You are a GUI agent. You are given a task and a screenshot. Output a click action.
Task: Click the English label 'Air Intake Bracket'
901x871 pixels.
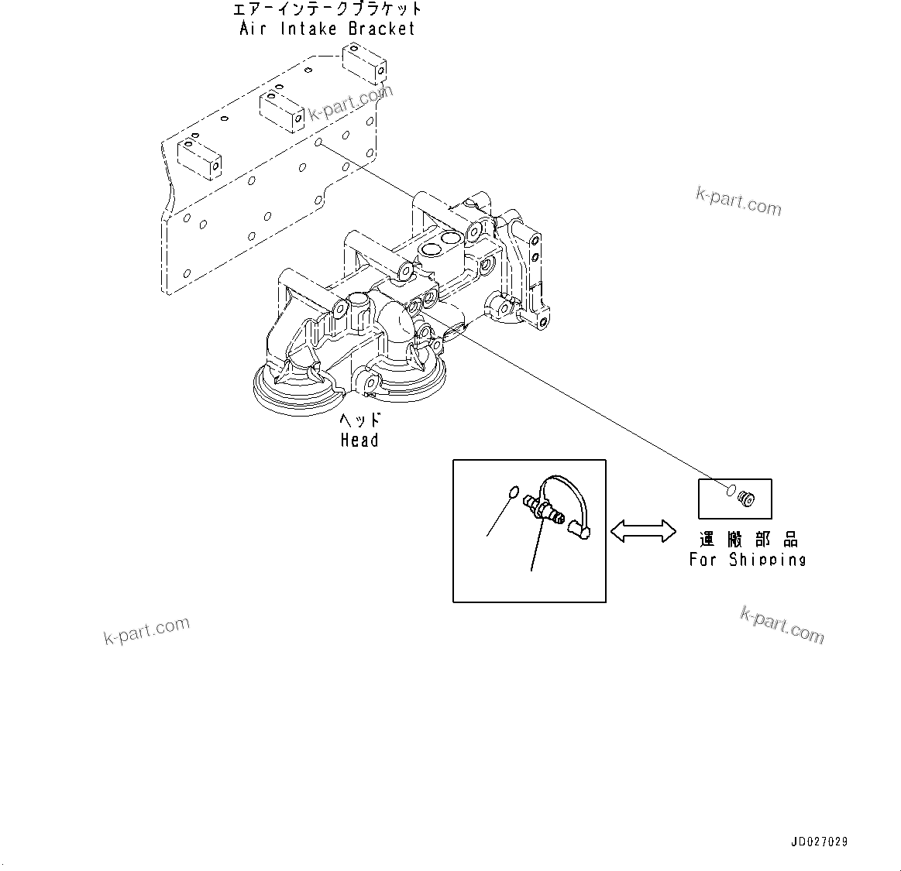tap(327, 29)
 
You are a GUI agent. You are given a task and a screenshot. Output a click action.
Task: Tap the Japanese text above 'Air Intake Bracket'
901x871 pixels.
tap(328, 9)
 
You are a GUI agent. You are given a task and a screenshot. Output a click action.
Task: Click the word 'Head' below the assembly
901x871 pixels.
tap(359, 441)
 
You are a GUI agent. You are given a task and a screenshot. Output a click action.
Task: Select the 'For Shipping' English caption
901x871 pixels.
tap(748, 559)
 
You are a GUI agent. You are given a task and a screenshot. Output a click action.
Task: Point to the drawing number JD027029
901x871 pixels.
tap(819, 841)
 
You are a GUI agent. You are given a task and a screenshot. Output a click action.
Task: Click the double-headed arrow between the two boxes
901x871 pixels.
tap(642, 530)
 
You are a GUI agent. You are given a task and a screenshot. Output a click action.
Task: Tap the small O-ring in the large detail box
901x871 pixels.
tap(509, 493)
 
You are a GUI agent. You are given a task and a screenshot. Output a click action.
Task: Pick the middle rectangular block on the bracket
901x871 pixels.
tap(280, 111)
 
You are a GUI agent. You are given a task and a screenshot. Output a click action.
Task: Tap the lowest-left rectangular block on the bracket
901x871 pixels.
tap(200, 157)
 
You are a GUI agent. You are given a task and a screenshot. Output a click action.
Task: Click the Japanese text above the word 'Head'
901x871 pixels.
tap(360, 420)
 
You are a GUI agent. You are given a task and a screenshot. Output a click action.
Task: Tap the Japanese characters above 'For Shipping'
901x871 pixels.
tap(748, 540)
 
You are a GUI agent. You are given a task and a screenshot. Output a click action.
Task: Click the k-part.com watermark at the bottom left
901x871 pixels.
tap(146, 630)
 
